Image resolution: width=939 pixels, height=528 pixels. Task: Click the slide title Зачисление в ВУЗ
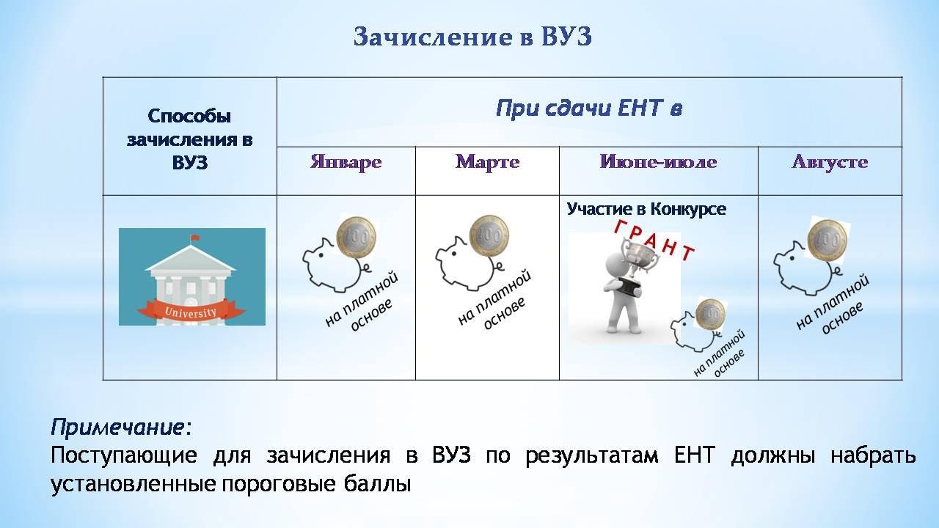(x=472, y=36)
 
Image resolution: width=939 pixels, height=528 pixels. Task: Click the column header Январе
(x=346, y=162)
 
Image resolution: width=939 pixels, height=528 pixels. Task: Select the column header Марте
(x=488, y=162)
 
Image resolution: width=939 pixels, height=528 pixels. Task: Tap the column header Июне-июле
(x=658, y=162)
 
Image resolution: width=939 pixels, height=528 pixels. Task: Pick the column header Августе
(x=830, y=162)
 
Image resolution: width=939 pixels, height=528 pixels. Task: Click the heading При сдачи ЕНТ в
(x=589, y=108)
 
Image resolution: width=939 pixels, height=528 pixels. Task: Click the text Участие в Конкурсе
(x=646, y=209)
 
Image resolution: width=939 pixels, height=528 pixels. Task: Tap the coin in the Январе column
(x=357, y=237)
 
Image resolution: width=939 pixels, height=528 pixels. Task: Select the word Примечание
(x=117, y=428)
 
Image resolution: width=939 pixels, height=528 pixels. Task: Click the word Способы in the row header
(x=189, y=117)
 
